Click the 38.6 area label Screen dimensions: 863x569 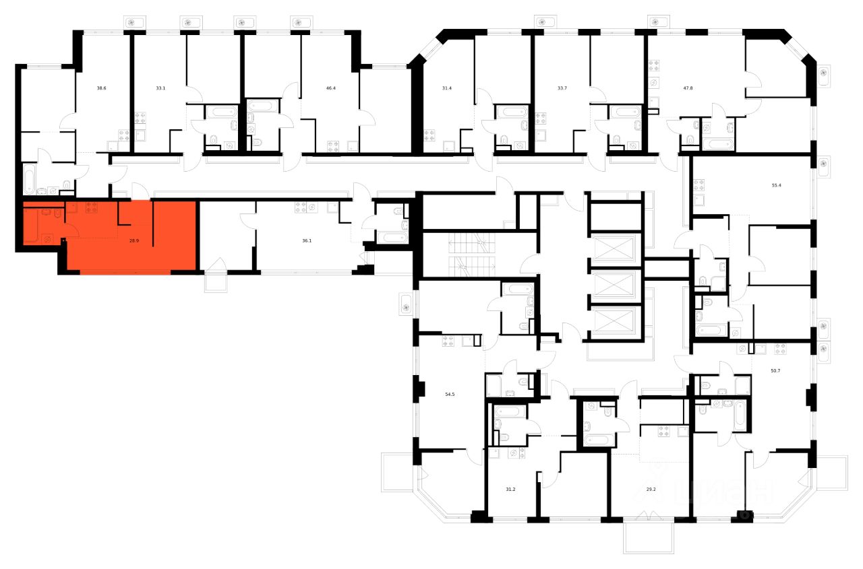pos(102,88)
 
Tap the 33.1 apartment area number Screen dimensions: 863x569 pos(160,88)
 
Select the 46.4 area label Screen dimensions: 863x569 pos(330,88)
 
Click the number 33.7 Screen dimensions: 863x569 pos(561,88)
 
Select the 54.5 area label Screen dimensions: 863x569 pos(451,397)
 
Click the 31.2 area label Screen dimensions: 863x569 pos(512,490)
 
